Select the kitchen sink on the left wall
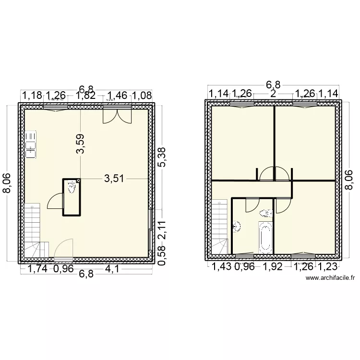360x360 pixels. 32,144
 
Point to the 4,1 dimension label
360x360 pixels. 113,269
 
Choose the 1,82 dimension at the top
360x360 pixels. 86,95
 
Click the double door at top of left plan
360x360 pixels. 117,115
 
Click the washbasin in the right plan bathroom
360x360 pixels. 237,226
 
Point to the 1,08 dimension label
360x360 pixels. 142,95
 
